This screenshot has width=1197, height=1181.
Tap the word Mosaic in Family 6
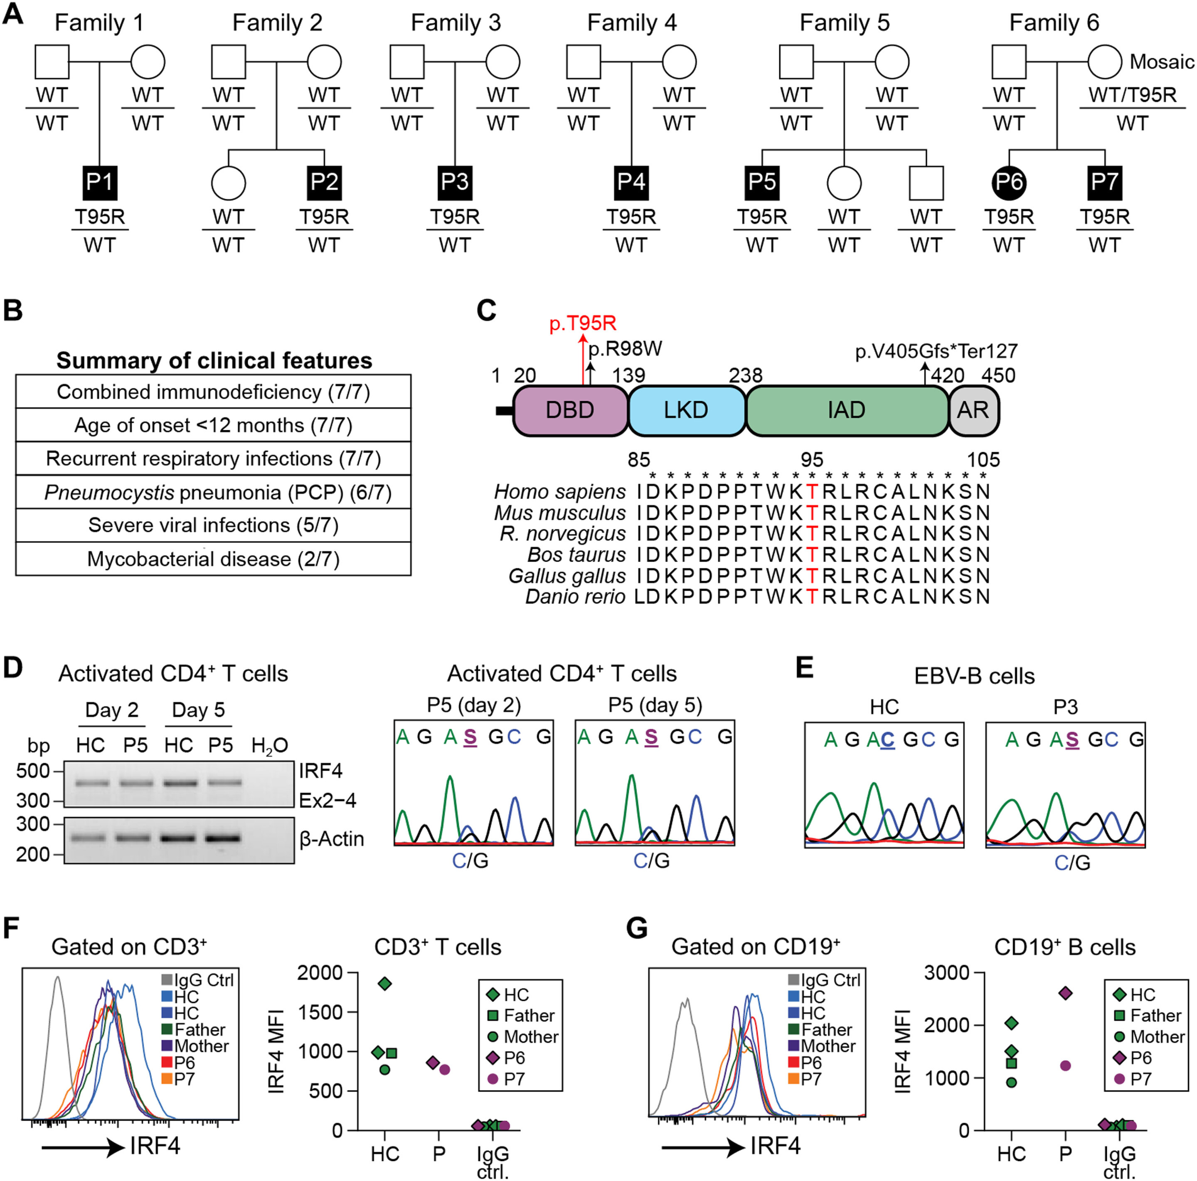1162,62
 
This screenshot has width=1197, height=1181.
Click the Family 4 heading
632,23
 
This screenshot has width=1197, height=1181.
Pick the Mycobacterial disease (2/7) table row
213,559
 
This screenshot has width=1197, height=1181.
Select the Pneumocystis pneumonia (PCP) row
213,493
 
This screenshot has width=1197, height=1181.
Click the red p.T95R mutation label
582,323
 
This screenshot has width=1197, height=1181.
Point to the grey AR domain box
973,410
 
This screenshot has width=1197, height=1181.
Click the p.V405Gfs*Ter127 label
936,351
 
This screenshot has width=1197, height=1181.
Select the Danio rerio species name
576,597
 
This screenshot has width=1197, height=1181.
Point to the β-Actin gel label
332,839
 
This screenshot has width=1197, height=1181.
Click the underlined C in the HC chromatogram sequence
887,739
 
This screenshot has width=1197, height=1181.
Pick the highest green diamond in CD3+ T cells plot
385,984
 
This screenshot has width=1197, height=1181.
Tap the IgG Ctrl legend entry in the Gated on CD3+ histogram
198,980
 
